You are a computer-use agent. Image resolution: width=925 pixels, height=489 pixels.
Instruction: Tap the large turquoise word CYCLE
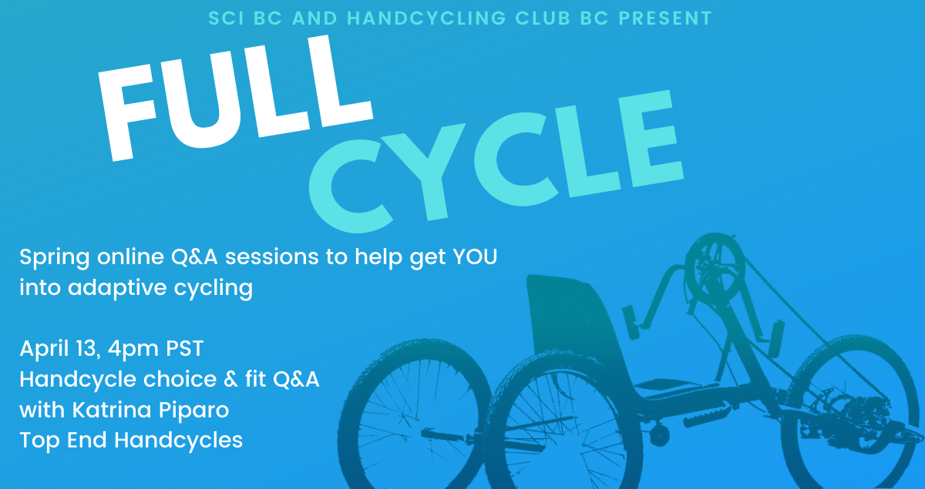pyautogui.click(x=496, y=161)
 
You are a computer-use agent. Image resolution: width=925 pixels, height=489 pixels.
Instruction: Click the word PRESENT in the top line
pyautogui.click(x=665, y=18)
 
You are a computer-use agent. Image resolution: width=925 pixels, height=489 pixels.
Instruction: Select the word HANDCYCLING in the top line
pyautogui.click(x=426, y=18)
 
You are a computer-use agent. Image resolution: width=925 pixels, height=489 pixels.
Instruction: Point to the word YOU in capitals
pyautogui.click(x=476, y=256)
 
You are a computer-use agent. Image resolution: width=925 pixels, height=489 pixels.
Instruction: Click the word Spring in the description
pyautogui.click(x=55, y=258)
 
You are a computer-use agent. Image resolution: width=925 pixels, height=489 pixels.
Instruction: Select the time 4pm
pyautogui.click(x=133, y=349)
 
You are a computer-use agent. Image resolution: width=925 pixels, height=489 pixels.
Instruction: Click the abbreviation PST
pyautogui.click(x=184, y=348)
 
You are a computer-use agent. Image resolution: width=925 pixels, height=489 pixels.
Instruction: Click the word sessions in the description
pyautogui.click(x=271, y=257)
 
